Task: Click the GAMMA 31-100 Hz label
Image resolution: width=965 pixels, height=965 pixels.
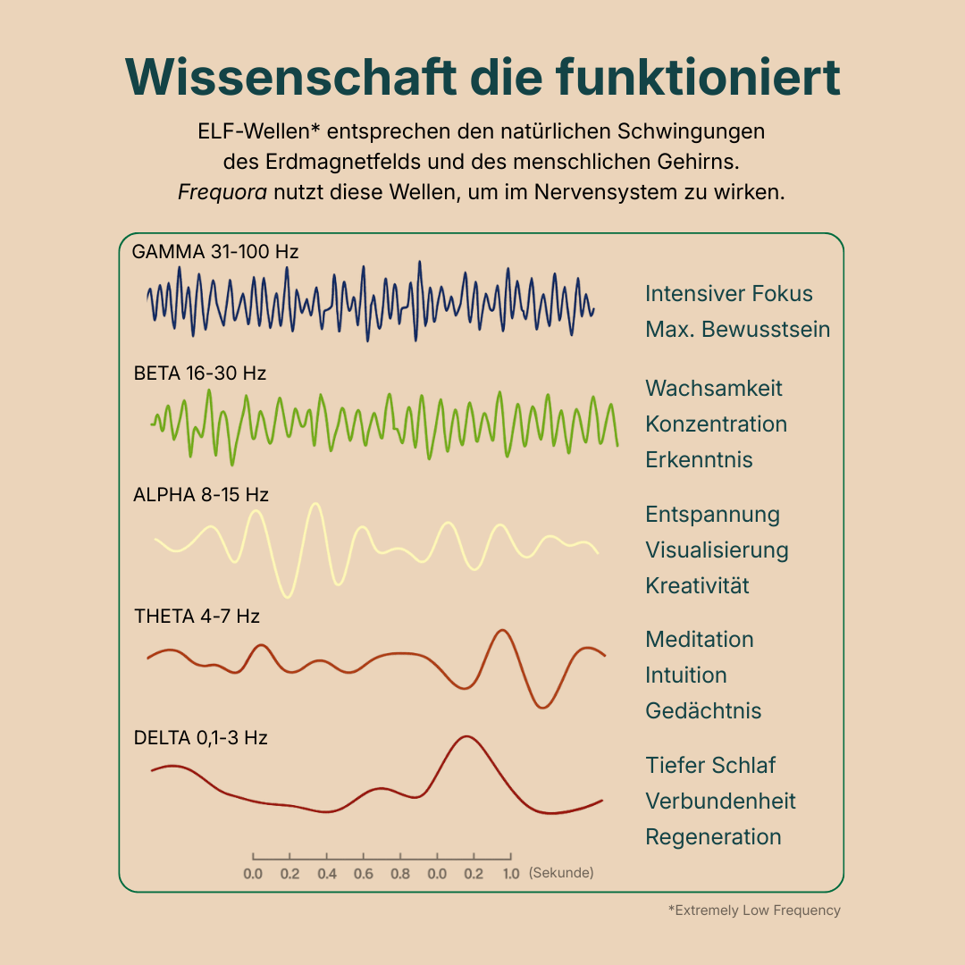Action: point(214,252)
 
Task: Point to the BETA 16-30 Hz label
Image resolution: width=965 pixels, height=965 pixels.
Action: point(200,373)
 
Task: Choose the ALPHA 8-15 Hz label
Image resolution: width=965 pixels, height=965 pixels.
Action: point(201,494)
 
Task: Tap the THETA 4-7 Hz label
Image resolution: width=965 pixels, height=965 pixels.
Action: point(197,616)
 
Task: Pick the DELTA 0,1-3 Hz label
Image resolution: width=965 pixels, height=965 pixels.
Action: point(200,738)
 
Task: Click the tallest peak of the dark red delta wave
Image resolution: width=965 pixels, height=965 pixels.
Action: point(464,737)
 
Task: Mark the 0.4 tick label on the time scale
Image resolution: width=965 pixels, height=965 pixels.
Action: point(326,873)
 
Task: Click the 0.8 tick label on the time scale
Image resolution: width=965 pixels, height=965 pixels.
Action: point(400,873)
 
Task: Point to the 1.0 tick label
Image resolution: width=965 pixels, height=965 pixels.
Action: point(510,873)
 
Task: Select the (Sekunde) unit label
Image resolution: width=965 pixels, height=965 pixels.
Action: point(561,872)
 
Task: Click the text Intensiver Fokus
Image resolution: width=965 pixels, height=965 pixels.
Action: point(729,294)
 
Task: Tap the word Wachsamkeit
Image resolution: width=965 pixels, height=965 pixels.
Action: point(714,388)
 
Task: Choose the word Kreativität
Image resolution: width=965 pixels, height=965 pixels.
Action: point(697,585)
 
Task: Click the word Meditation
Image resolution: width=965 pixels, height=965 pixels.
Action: point(700,639)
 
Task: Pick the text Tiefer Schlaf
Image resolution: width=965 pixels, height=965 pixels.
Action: point(710,765)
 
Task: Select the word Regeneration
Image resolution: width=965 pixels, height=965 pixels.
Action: point(713,836)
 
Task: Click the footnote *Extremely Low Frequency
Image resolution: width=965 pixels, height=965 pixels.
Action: point(754,910)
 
